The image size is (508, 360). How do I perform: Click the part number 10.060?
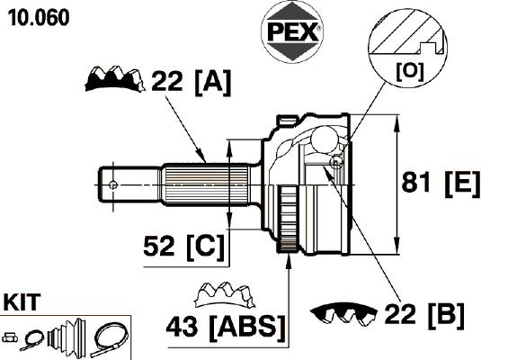(39, 18)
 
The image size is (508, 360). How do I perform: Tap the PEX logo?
(292, 32)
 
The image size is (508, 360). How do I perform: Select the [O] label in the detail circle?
(409, 71)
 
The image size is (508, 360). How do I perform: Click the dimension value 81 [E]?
(441, 184)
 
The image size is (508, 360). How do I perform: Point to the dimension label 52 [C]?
(183, 247)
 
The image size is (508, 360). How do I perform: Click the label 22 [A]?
(192, 82)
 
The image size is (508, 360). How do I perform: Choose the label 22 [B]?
(424, 315)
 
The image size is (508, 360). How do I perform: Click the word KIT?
(22, 302)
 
